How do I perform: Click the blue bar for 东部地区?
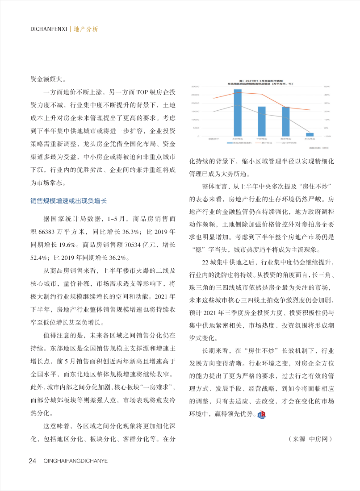[x=238, y=112]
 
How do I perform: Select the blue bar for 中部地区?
[x=262, y=121]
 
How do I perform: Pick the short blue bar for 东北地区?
[x=310, y=134]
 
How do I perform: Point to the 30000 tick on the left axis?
[x=195, y=87]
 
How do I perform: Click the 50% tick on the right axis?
[x=327, y=87]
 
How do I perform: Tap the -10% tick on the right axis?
[x=327, y=136]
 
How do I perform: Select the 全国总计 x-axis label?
[x=213, y=140]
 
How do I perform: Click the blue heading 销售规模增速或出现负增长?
[x=69, y=201]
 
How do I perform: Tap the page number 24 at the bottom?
[x=32, y=461]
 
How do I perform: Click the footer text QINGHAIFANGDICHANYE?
[x=76, y=461]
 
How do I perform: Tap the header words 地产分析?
[x=85, y=29]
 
